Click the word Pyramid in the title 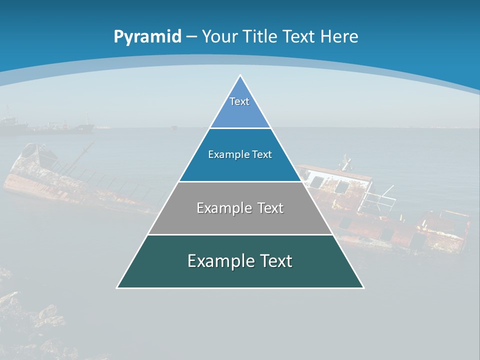pos(147,36)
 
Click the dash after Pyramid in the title pos(191,37)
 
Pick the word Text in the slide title pos(299,36)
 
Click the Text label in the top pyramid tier pos(239,101)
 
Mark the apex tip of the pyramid pos(240,75)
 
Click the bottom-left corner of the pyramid pos(117,287)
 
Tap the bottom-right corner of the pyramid pos(363,287)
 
